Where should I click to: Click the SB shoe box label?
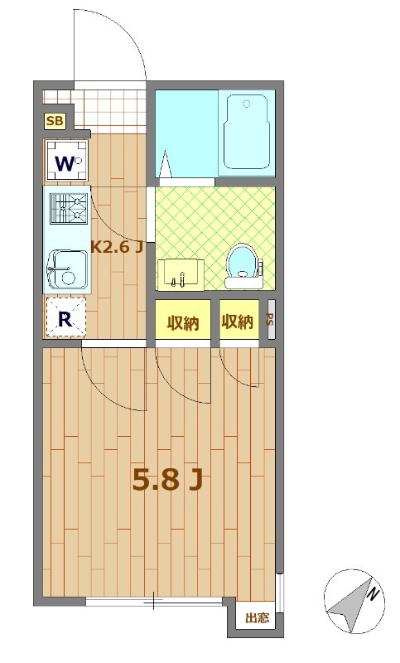(55, 121)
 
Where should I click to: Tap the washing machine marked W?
(67, 162)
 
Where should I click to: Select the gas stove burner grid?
(70, 208)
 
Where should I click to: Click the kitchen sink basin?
(68, 270)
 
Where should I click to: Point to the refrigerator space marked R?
(65, 317)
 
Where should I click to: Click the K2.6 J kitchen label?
(116, 247)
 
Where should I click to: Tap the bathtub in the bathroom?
(246, 132)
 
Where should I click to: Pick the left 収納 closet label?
(183, 323)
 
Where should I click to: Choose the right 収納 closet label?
(238, 322)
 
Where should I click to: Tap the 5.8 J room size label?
(167, 480)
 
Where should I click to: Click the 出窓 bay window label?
(258, 617)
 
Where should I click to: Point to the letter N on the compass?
(372, 595)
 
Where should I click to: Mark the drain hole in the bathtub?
(247, 104)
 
